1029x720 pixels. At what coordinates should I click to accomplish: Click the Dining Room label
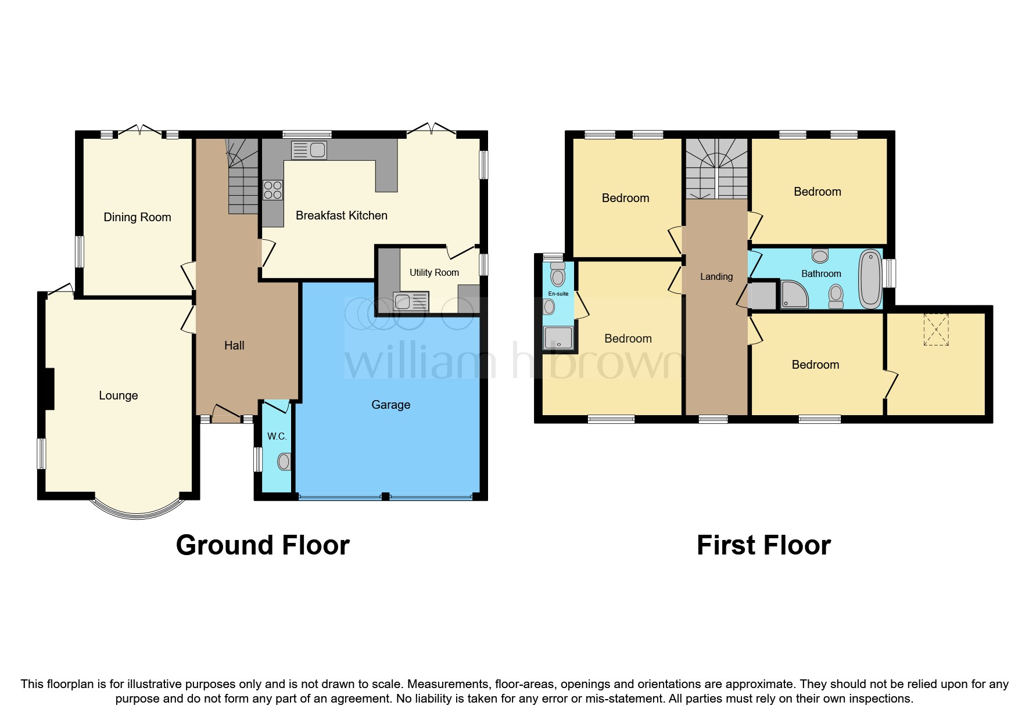click(x=137, y=217)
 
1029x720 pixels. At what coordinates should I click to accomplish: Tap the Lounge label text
click(x=118, y=395)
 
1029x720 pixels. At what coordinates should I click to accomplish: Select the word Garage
click(x=390, y=405)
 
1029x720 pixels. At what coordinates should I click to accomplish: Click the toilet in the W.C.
click(x=284, y=462)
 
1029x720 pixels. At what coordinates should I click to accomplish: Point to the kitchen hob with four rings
click(x=273, y=190)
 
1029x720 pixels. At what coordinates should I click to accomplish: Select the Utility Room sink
click(x=411, y=301)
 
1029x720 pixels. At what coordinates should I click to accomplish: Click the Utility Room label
click(x=434, y=272)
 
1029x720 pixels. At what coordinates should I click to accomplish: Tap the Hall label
click(x=234, y=345)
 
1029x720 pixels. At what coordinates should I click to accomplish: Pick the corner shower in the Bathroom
click(x=794, y=294)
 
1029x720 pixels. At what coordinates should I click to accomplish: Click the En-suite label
click(x=558, y=294)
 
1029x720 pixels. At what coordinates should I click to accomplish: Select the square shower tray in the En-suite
click(x=558, y=338)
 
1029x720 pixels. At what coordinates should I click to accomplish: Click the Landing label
click(x=716, y=276)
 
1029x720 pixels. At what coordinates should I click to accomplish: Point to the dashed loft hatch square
click(x=936, y=329)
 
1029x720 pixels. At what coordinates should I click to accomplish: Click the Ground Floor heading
click(x=263, y=545)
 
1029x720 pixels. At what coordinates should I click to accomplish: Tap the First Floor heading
click(x=763, y=545)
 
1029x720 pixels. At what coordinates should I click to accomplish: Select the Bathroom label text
click(x=821, y=273)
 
